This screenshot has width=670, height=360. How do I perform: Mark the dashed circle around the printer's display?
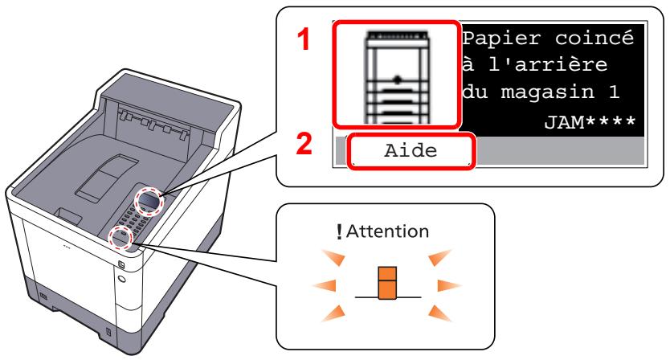[x=149, y=200]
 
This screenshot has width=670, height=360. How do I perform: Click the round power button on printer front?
[x=121, y=281]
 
